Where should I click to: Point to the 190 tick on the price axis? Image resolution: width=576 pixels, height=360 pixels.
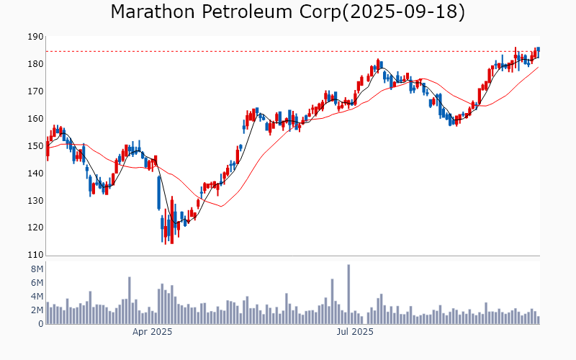(35, 37)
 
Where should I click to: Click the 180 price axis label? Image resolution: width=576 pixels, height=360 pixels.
(35, 64)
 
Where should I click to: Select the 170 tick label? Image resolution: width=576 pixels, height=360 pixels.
(35, 91)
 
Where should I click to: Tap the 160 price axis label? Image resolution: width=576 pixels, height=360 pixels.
(35, 119)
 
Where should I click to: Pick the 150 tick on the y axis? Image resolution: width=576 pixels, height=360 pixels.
(35, 146)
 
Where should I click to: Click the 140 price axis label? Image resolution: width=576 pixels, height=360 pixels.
(35, 174)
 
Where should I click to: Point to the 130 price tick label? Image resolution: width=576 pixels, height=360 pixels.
(35, 201)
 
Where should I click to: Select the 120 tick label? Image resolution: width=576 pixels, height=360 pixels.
(35, 228)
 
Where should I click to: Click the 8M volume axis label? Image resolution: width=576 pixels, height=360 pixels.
(37, 269)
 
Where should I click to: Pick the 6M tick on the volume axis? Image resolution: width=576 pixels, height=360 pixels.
(37, 282)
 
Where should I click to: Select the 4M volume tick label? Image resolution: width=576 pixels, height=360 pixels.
(37, 296)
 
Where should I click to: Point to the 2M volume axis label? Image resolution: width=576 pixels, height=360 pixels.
(37, 310)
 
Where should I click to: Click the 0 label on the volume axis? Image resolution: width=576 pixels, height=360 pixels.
(40, 324)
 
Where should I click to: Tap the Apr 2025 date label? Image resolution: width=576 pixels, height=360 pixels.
(152, 332)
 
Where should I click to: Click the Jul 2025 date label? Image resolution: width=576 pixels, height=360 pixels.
(356, 332)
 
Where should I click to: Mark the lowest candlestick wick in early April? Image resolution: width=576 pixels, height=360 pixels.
(165, 243)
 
